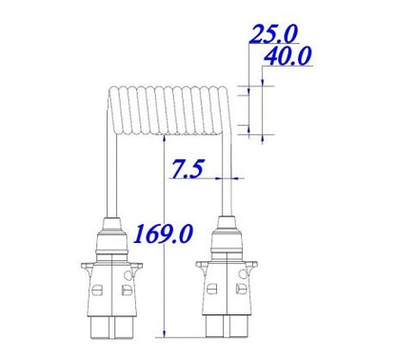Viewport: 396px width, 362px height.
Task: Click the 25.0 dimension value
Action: pyautogui.click(x=273, y=34)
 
